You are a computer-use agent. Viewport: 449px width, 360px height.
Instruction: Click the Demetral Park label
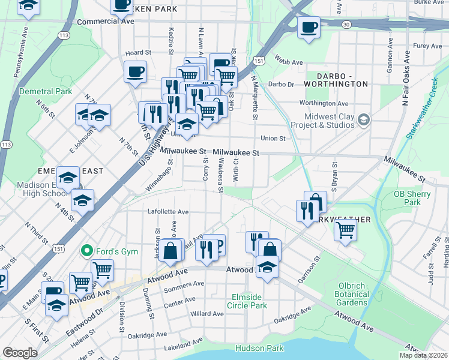pos(46,91)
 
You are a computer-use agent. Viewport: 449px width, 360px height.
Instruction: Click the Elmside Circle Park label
pos(247,301)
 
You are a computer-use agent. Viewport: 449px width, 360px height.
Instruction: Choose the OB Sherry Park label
pos(412,198)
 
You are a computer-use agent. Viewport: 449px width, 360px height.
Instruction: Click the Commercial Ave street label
pos(105,21)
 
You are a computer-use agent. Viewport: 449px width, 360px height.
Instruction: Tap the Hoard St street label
pos(137,53)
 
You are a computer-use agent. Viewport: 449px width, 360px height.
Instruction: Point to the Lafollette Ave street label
pos(168,212)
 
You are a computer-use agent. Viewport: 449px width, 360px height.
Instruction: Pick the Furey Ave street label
pos(427,46)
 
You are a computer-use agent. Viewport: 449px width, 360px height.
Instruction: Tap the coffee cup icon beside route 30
pos(309,27)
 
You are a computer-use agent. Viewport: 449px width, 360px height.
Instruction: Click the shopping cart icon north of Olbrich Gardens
pos(345,229)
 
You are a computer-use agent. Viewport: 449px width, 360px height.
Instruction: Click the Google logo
pos(20,353)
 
